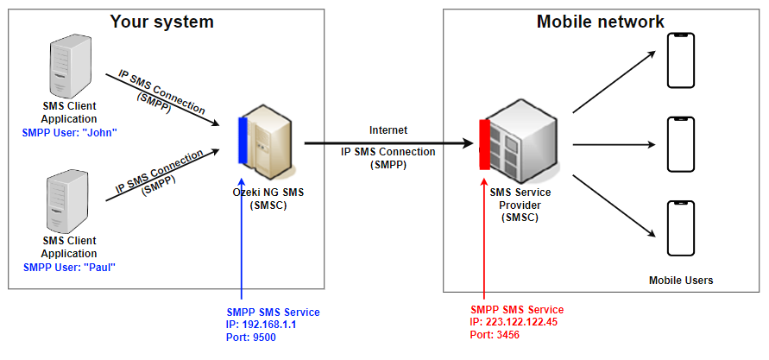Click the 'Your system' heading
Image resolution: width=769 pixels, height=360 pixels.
[x=161, y=21]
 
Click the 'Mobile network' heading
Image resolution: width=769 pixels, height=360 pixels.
[x=600, y=22]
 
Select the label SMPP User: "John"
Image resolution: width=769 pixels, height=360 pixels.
[x=70, y=133]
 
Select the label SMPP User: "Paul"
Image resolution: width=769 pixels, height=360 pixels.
[x=69, y=268]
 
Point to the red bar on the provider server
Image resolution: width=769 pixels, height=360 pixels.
[x=484, y=144]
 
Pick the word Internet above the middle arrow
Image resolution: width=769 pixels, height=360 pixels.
[x=388, y=130]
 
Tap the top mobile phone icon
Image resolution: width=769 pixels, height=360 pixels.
[x=682, y=61]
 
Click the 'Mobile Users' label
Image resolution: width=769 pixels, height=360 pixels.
[x=681, y=281]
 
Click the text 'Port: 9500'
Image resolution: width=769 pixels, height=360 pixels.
[x=251, y=338]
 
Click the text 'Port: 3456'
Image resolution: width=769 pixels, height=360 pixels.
[x=496, y=334]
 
